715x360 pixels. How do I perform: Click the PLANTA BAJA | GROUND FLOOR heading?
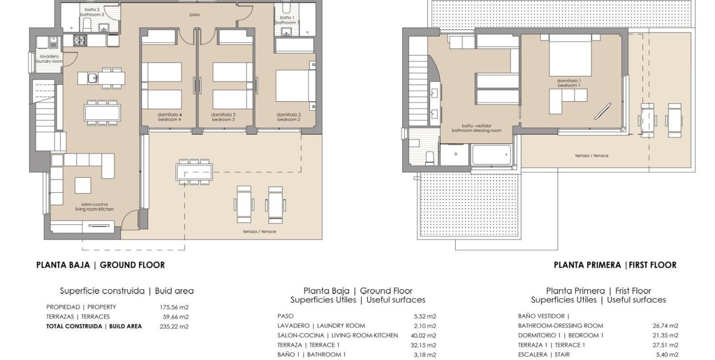[100, 265]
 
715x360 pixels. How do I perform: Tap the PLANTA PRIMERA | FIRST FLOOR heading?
[615, 265]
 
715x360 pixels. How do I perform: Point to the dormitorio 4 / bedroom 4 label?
[169, 117]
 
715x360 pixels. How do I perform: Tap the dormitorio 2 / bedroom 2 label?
[289, 117]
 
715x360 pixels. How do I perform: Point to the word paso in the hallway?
[194, 15]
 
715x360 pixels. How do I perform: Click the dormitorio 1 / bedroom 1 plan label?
[568, 83]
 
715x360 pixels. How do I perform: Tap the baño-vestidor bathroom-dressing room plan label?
[476, 128]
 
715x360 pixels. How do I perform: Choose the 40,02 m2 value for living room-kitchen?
[425, 336]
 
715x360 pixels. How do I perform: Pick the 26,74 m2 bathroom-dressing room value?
[666, 326]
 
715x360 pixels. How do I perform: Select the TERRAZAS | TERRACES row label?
[78, 317]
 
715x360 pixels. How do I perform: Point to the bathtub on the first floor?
[492, 155]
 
